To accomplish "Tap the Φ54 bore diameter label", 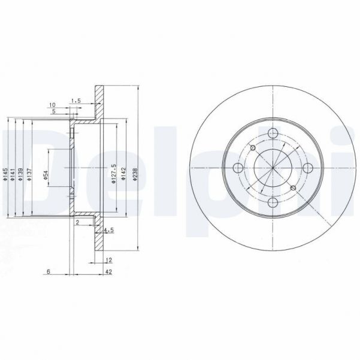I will click(x=46, y=175).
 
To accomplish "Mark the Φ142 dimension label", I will click(x=123, y=174).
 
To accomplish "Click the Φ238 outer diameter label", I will click(x=136, y=174).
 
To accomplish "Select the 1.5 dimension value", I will click(x=75, y=100).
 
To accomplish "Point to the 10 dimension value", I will click(x=53, y=104).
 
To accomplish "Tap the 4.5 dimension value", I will click(x=109, y=229).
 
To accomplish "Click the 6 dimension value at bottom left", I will click(x=47, y=271).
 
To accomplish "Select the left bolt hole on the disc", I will click(x=237, y=168).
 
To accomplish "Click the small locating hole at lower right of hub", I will click(x=292, y=188).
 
